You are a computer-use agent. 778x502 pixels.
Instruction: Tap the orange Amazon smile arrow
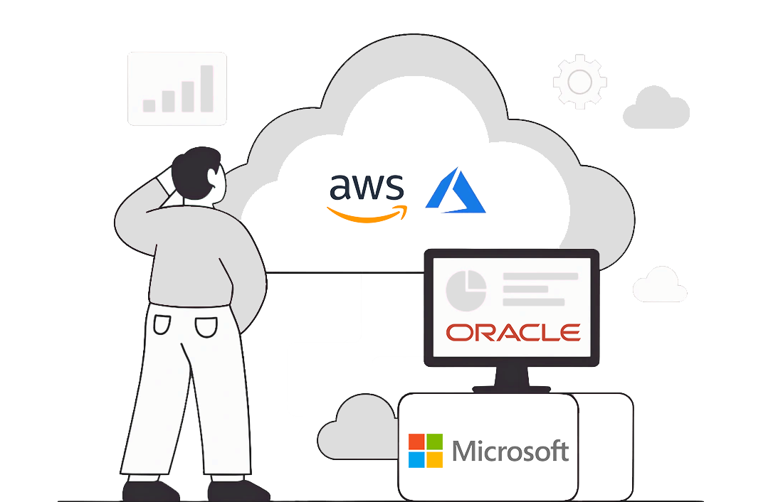367,213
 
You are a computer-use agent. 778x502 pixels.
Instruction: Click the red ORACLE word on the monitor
512,332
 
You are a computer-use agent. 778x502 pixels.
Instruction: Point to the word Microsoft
510,451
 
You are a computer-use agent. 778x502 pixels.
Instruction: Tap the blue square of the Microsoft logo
416,459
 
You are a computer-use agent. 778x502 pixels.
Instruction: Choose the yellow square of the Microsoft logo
434,459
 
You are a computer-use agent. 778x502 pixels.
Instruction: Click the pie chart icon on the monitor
466,290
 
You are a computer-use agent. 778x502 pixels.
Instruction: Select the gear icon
579,81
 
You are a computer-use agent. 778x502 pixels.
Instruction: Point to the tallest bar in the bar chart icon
206,88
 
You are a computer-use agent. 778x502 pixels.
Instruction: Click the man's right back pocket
206,326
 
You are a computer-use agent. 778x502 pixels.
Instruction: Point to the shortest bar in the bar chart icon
149,105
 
